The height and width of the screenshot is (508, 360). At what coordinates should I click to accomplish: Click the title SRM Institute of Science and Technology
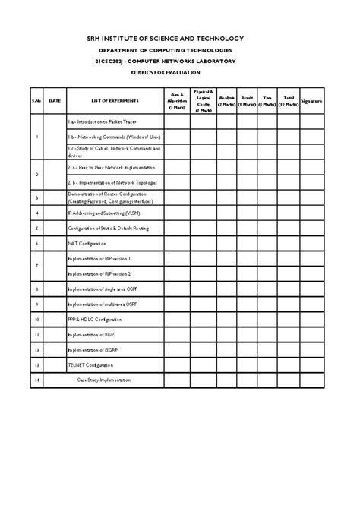pos(179,38)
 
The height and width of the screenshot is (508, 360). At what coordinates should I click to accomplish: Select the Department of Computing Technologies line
pos(179,49)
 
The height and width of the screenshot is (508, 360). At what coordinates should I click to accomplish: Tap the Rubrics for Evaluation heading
pos(179,72)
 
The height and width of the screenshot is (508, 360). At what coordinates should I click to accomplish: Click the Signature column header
pos(311,99)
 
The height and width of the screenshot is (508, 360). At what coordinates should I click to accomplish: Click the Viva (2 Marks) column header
pos(267,99)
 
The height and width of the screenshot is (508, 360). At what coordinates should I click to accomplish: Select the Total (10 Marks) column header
pos(289,99)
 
